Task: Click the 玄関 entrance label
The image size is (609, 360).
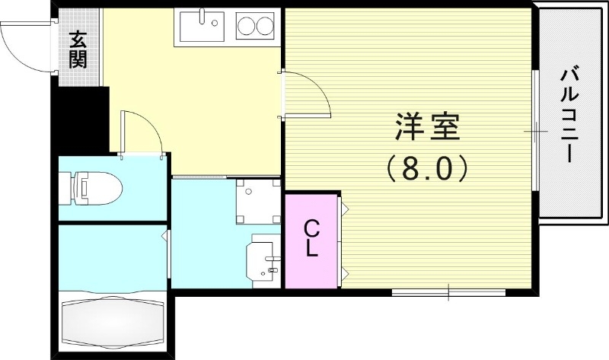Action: (x=78, y=50)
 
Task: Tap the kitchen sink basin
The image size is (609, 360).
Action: (x=201, y=27)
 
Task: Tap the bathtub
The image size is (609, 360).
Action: (x=114, y=321)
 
